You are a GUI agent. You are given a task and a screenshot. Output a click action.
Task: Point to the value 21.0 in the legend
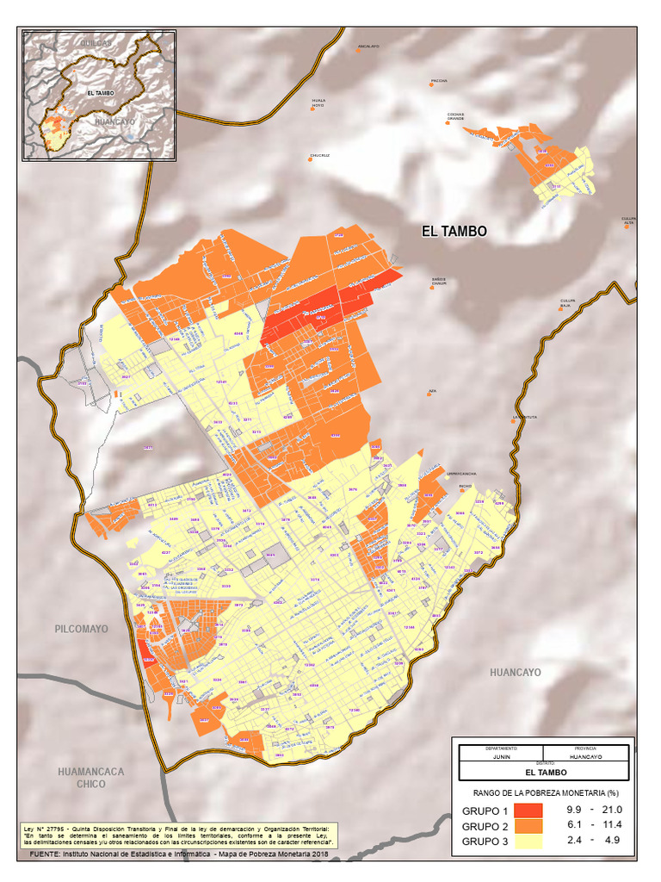click(612, 811)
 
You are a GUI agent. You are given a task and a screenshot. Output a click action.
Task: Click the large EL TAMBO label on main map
click(454, 231)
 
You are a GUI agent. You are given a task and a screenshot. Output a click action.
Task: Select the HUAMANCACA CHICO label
click(90, 778)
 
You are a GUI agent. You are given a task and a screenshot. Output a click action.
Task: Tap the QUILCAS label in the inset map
click(95, 42)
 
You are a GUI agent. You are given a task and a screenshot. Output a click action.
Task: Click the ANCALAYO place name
click(368, 47)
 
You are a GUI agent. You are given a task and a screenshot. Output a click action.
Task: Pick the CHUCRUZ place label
click(320, 156)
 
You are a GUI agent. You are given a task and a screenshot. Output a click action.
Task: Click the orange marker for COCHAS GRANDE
click(448, 123)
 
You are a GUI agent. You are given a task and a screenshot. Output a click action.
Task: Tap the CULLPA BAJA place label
click(566, 303)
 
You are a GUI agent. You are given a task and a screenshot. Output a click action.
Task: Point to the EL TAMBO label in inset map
click(101, 93)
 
